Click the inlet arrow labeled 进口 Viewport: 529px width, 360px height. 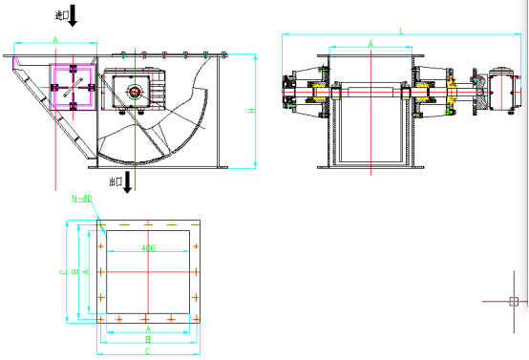point(74,16)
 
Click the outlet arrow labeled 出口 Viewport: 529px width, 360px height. point(129,180)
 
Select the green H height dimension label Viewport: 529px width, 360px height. point(252,111)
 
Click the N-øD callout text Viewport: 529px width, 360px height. point(82,199)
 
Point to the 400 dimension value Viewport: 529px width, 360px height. point(147,248)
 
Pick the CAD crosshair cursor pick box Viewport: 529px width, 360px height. point(513,302)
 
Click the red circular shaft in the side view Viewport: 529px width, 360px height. point(136,92)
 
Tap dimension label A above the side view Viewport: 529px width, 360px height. point(55,38)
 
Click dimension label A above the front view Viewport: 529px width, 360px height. point(370,45)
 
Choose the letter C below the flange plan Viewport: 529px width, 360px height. point(147,350)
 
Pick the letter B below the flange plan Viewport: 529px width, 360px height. point(147,339)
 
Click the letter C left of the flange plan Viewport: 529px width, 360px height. point(63,272)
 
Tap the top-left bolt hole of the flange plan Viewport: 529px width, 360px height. point(100,225)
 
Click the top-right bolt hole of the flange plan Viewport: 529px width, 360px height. point(195,225)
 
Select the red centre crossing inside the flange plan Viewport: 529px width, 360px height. point(147,271)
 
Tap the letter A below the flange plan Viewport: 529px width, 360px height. point(147,328)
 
